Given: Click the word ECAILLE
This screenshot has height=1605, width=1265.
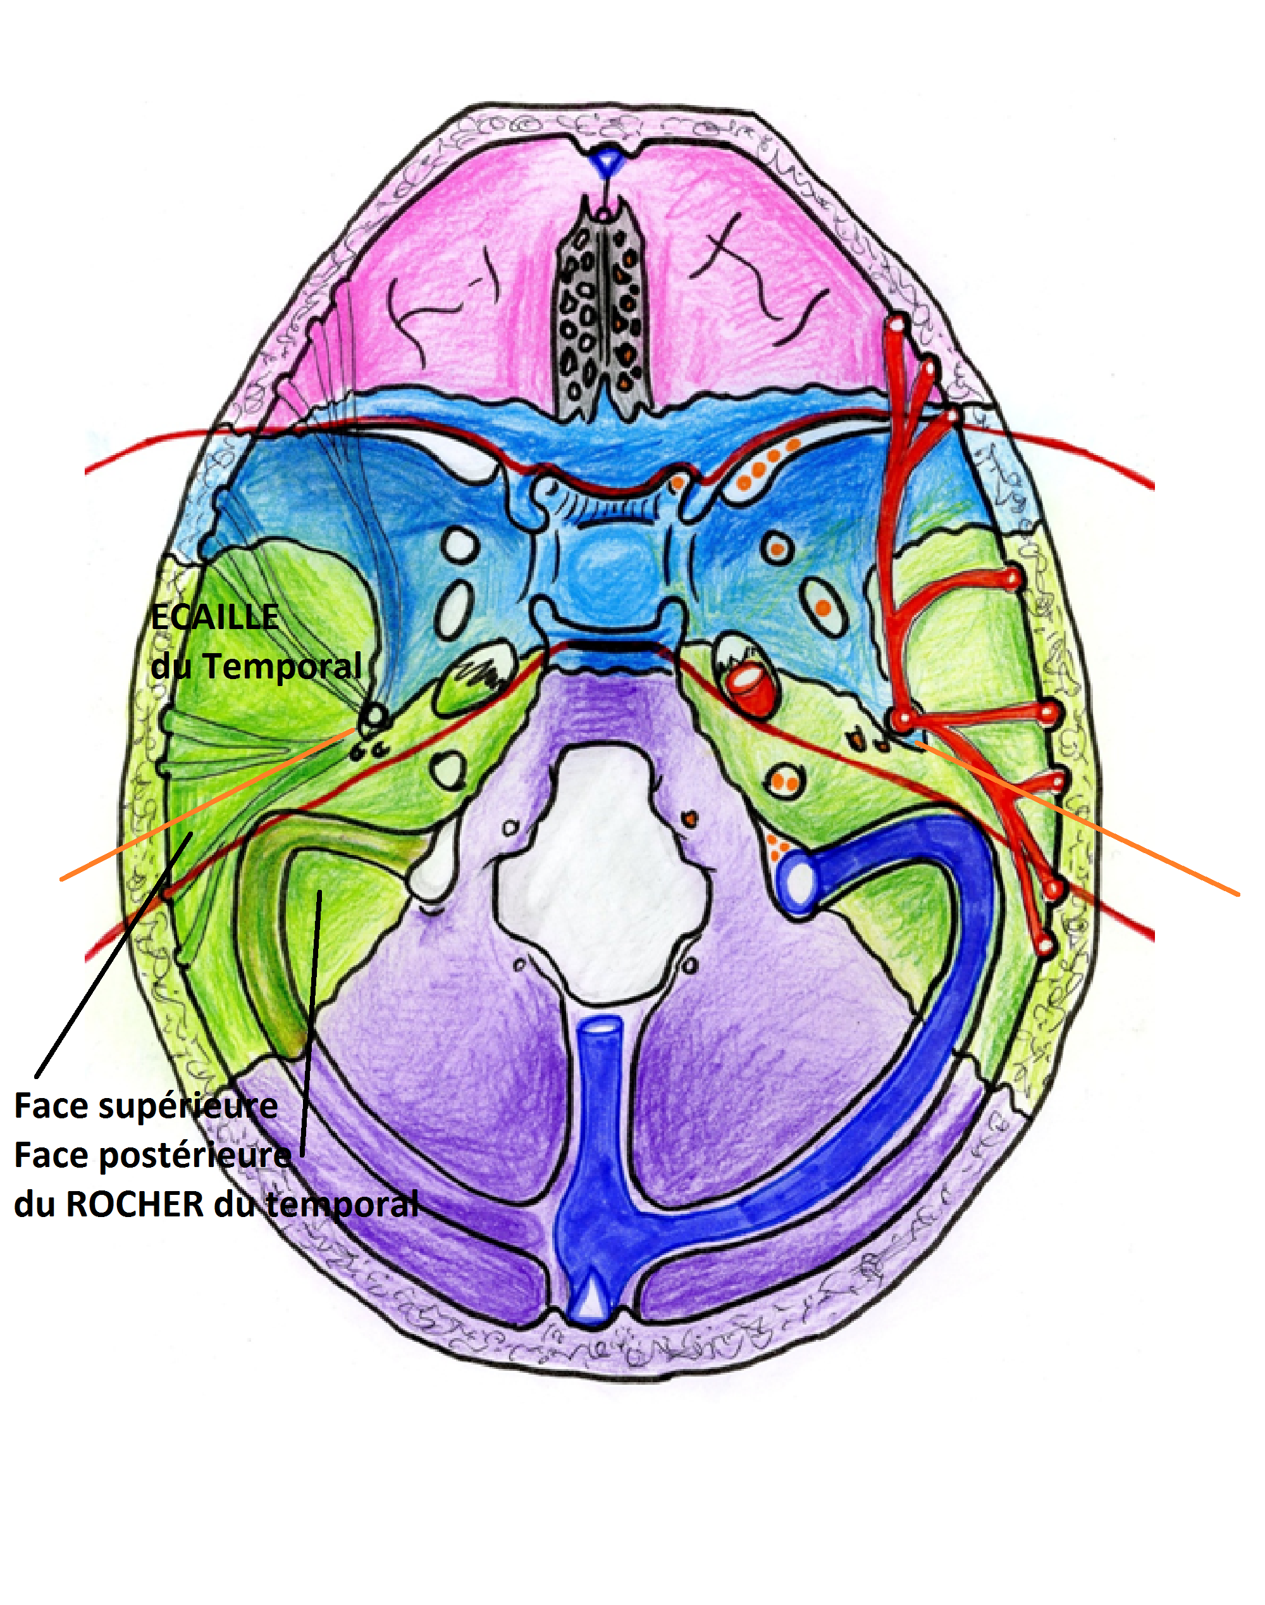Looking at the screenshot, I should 215,617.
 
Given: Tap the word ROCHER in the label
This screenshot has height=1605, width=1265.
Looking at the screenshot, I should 135,1205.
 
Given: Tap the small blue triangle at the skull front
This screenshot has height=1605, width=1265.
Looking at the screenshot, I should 607,159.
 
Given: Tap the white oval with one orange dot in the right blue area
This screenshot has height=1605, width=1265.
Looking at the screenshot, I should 778,548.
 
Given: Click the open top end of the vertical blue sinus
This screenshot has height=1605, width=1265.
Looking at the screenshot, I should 602,1028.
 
